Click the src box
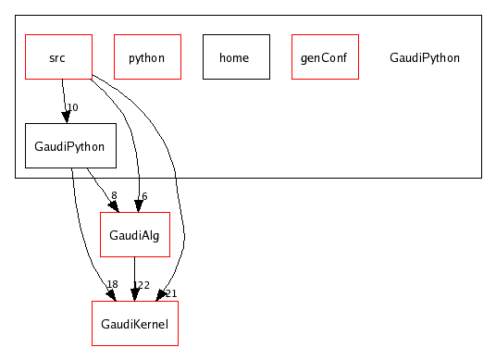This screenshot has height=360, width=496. click(57, 56)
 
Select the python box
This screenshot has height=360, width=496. click(146, 56)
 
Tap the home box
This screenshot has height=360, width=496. click(235, 56)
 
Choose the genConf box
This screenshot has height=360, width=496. click(324, 56)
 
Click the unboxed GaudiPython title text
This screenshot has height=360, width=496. click(425, 57)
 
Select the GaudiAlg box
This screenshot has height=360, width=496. click(134, 235)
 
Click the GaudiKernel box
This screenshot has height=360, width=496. click(134, 324)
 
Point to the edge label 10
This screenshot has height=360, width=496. click(72, 108)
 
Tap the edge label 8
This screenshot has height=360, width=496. click(114, 196)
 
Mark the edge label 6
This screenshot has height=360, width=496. click(144, 196)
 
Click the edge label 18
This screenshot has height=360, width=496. click(112, 285)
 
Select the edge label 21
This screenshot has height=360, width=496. click(171, 293)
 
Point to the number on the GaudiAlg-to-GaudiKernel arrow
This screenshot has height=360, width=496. click(142, 285)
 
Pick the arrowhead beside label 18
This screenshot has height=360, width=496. click(110, 294)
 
